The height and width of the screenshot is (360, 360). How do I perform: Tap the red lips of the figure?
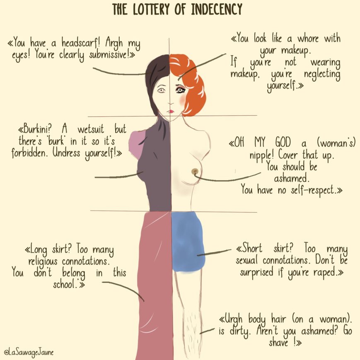pyautogui.click(x=170, y=111)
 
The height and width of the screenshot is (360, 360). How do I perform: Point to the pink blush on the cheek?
pyautogui.click(x=181, y=101)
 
